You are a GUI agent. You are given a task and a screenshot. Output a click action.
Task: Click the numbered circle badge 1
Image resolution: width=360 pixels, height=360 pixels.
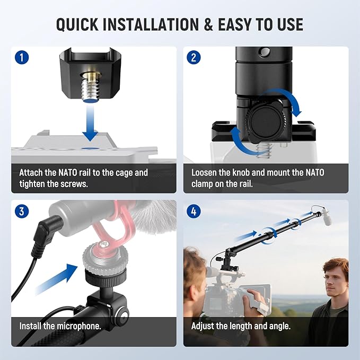(x=22, y=57)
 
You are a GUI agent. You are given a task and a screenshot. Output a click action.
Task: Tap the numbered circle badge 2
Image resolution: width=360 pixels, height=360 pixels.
(x=194, y=57)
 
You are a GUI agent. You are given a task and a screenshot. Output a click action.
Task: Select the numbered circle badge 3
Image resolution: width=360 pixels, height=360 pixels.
(x=22, y=211)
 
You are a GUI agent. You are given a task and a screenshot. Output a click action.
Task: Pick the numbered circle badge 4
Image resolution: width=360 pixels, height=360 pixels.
(x=194, y=211)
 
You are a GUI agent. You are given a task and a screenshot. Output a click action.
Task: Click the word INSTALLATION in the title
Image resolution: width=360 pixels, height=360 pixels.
(x=151, y=24)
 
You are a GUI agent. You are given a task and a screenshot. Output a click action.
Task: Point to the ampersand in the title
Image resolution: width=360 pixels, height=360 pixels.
(x=208, y=24)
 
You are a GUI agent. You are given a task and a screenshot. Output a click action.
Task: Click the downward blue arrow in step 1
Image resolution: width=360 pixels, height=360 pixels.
(x=90, y=122)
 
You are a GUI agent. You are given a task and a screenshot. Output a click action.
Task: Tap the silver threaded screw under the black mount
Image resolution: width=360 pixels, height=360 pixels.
(x=91, y=89)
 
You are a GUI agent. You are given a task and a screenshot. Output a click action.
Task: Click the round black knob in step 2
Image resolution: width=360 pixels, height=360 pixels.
(x=265, y=119)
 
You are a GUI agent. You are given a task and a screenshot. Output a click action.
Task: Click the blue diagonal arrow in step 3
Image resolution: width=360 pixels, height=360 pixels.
(x=56, y=279)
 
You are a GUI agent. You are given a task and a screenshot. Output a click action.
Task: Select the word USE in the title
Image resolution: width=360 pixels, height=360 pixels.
(x=290, y=24)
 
